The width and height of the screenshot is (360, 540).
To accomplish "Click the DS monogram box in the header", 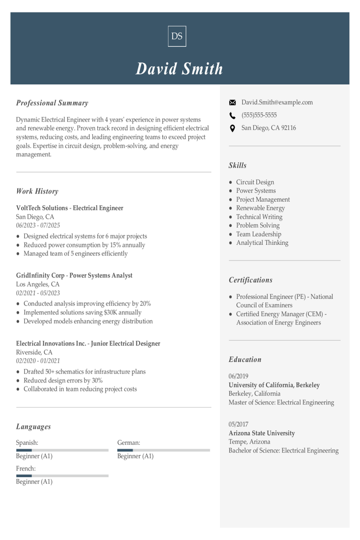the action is [177, 36].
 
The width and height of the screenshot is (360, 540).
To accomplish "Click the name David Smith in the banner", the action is [180, 69].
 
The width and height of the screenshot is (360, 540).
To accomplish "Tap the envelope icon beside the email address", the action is [232, 103].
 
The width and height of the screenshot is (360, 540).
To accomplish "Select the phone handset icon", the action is [232, 115].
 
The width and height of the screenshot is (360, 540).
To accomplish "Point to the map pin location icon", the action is [232, 128].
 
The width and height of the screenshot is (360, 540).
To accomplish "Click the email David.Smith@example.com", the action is [277, 103].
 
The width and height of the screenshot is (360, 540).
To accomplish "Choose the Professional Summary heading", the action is [52, 103].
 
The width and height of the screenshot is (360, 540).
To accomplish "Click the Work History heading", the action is [37, 191].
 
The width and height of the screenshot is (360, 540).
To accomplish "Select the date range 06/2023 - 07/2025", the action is [38, 225].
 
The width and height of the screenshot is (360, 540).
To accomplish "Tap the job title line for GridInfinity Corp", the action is [74, 276].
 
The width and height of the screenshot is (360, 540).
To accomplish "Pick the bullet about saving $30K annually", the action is [82, 313].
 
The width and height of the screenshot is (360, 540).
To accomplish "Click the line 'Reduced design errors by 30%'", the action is [63, 381].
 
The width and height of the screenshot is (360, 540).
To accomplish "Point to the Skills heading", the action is [237, 165].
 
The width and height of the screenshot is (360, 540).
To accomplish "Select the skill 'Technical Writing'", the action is [259, 217].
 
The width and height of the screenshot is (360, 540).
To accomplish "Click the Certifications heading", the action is [250, 280].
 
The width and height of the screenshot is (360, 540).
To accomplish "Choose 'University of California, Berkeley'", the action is [274, 385].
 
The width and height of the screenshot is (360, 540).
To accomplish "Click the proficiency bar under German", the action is [164, 450].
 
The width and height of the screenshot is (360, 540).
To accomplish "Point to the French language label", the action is [26, 468].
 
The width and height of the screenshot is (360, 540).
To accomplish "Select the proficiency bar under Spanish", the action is [62, 450].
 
